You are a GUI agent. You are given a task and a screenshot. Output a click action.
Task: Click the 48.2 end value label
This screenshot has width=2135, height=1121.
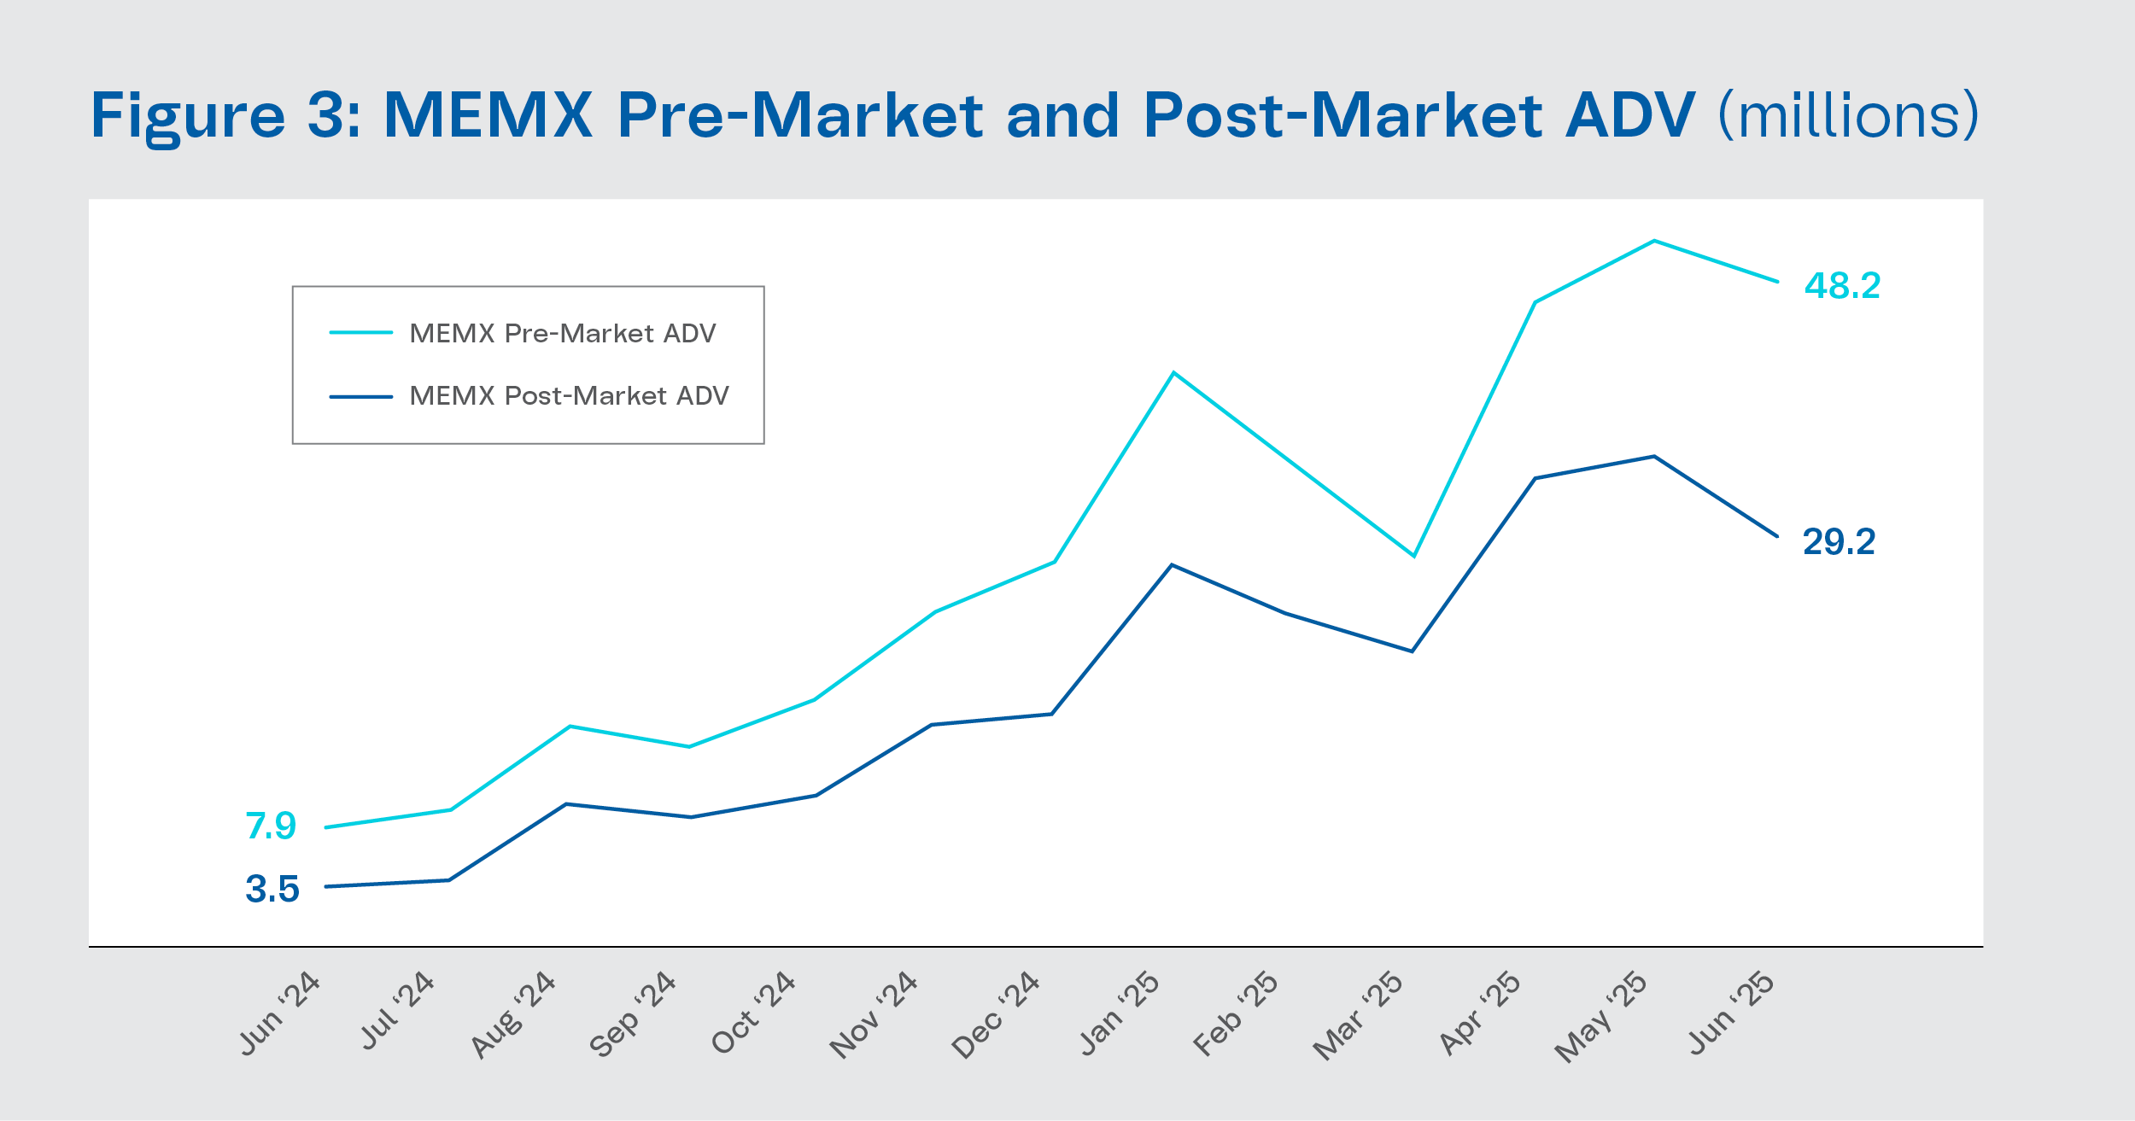(1842, 286)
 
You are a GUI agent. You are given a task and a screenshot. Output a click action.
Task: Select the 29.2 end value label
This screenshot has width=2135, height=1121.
(1839, 542)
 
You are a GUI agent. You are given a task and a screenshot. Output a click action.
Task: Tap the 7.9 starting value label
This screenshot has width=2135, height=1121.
(271, 826)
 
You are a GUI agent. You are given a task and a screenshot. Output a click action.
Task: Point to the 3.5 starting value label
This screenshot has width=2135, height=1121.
(272, 889)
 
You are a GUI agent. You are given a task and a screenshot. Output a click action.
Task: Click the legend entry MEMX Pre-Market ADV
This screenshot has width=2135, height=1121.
(562, 333)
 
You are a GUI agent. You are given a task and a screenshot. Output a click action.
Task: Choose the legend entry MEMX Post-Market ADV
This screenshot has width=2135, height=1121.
(569, 395)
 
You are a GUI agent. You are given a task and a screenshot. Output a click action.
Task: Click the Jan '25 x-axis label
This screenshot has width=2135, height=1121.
(1120, 1014)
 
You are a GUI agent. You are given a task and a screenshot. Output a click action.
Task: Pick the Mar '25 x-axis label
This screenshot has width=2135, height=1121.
(1358, 1016)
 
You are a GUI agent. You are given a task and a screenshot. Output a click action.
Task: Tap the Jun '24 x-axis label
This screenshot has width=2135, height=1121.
(279, 1014)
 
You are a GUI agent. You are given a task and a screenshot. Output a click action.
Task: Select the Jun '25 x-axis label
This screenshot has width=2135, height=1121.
(1731, 1013)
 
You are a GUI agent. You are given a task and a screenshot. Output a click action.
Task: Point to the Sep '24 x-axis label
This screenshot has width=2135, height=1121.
(633, 1014)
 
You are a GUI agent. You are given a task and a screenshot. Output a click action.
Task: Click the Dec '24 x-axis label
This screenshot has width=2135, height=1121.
(996, 1015)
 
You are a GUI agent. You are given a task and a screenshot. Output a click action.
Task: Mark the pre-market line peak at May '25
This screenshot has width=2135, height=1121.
(1654, 241)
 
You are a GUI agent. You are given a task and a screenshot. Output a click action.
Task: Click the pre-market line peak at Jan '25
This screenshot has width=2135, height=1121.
(1174, 373)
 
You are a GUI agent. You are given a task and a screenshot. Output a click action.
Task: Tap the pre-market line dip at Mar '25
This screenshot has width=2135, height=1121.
(1414, 556)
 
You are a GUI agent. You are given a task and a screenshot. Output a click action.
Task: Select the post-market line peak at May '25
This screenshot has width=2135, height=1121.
(1654, 457)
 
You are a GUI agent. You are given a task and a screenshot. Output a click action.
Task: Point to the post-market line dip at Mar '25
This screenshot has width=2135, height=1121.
(1413, 651)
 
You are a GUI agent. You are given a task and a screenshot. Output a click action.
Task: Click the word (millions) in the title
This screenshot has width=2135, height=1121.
(1848, 115)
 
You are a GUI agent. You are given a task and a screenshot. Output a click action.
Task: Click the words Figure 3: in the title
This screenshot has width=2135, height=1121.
(226, 115)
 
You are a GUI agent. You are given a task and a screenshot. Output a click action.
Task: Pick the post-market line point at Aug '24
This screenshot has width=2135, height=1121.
(566, 804)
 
